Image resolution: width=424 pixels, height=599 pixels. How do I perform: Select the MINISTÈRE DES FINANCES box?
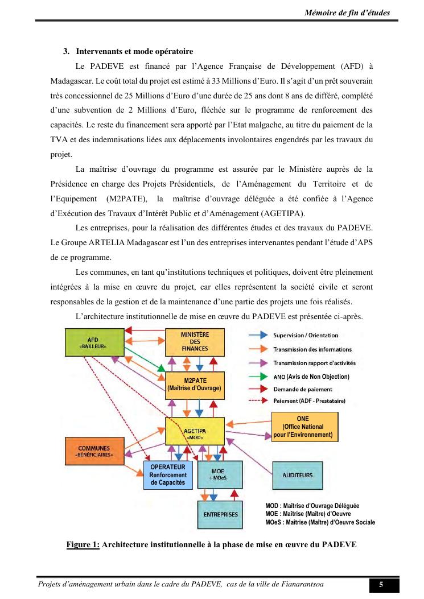[x=195, y=341]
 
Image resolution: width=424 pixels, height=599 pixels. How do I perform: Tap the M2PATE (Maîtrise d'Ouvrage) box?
[x=195, y=385]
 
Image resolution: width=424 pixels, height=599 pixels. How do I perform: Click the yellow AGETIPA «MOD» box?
[x=195, y=434]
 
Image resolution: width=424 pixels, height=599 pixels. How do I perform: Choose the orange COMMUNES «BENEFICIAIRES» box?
[x=94, y=452]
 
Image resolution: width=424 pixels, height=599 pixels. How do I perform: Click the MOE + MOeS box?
[x=217, y=474]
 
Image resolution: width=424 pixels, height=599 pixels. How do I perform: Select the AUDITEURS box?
[x=298, y=475]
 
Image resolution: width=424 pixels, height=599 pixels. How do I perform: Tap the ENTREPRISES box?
[x=220, y=514]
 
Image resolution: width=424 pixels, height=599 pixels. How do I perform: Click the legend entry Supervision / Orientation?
[x=306, y=336]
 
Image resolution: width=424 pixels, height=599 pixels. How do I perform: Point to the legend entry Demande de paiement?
[x=302, y=390]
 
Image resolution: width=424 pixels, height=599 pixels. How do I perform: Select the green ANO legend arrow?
[x=259, y=377]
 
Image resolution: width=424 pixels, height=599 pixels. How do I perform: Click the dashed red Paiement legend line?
[x=259, y=401]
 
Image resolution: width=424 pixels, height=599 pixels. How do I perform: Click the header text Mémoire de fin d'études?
[x=347, y=13]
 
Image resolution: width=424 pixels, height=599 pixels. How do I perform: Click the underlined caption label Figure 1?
[x=83, y=544]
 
